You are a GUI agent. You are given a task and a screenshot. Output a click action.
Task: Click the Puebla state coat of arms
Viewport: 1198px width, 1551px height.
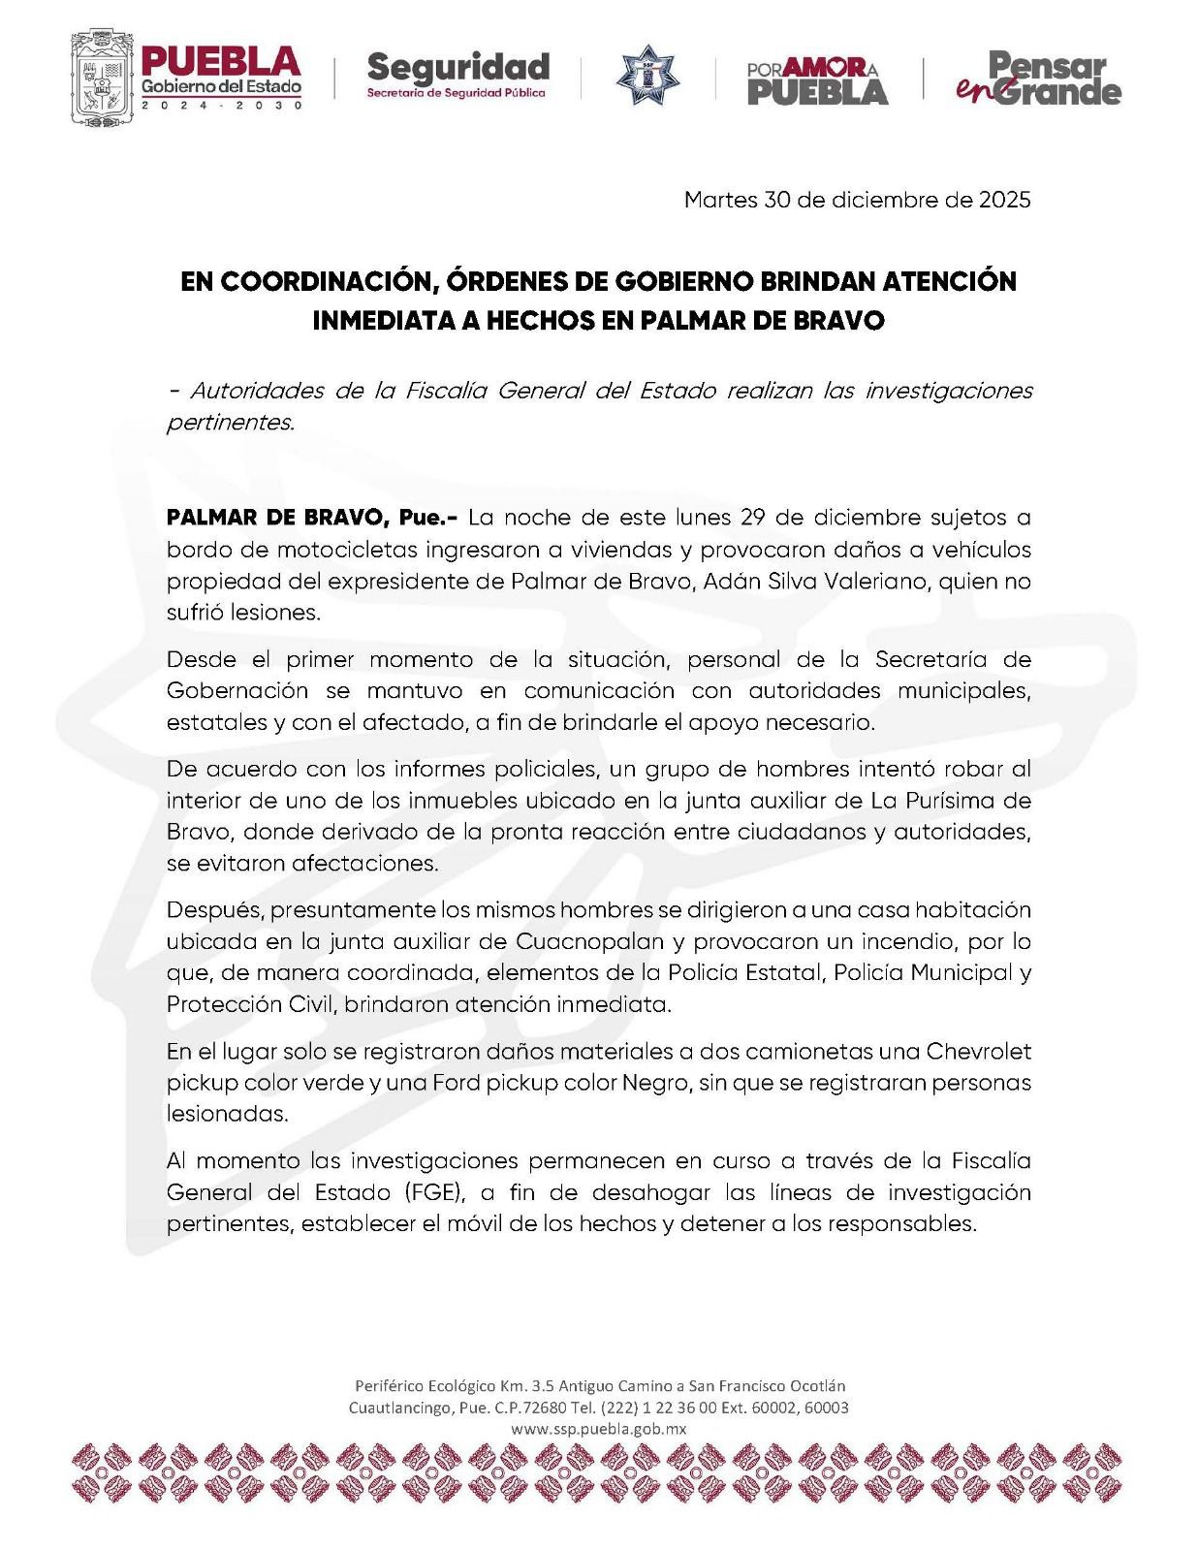pyautogui.click(x=100, y=78)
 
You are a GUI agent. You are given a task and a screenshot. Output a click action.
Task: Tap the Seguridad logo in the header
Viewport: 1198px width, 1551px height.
pyautogui.click(x=457, y=76)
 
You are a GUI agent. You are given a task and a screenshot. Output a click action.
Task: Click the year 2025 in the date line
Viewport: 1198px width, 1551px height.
pyautogui.click(x=1004, y=200)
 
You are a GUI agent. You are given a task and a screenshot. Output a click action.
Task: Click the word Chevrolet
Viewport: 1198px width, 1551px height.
pyautogui.click(x=978, y=1051)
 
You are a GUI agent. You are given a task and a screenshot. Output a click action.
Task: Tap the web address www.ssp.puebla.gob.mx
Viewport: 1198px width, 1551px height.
pyautogui.click(x=598, y=1429)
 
